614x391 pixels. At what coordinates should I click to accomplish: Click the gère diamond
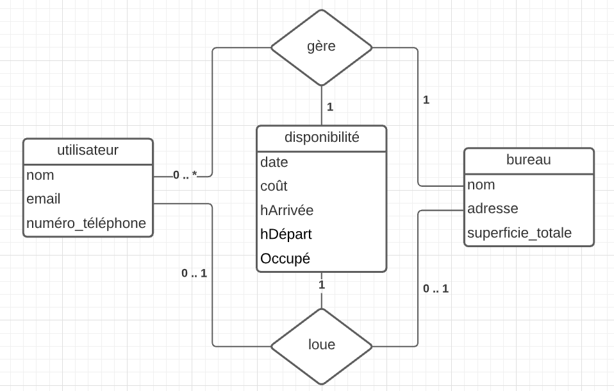(x=321, y=47)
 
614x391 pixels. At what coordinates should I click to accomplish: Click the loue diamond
(x=321, y=345)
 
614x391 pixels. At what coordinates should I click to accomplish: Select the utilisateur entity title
(x=88, y=150)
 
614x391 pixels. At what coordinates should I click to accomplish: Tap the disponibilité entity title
(x=321, y=137)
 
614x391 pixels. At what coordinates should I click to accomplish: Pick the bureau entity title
(x=528, y=160)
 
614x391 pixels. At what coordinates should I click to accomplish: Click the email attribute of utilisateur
(x=44, y=199)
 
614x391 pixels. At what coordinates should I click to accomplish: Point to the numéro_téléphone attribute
(x=86, y=223)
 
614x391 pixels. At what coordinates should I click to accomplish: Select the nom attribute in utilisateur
(x=40, y=175)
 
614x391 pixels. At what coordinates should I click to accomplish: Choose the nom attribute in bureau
(x=481, y=185)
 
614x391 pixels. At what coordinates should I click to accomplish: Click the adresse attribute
(x=492, y=209)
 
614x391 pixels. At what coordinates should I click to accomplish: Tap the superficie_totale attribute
(x=519, y=233)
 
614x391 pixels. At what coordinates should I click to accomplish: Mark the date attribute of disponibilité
(x=274, y=162)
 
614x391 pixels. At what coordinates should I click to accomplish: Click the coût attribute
(x=274, y=186)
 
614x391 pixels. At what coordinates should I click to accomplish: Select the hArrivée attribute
(x=286, y=211)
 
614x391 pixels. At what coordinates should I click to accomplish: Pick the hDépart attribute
(x=285, y=234)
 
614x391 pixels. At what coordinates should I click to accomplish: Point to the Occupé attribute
(x=285, y=259)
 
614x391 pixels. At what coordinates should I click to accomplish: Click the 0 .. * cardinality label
(x=185, y=175)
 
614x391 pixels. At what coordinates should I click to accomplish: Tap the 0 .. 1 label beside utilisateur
(x=194, y=273)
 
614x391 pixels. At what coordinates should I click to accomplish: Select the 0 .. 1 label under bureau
(x=436, y=289)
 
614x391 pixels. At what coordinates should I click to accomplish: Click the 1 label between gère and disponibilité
(x=330, y=107)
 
